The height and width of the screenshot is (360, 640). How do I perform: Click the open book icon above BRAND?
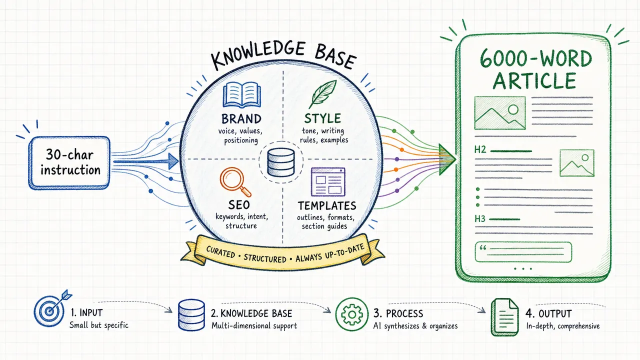click(241, 95)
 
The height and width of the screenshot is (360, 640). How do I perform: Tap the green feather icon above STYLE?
click(322, 94)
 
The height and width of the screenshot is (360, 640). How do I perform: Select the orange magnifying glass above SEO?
click(235, 182)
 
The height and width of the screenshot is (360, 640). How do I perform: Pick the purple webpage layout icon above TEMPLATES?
click(328, 182)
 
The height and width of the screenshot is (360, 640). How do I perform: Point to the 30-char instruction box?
click(69, 162)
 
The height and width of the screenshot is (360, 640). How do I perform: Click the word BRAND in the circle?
click(241, 119)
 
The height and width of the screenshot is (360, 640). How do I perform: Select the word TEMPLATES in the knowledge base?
click(327, 205)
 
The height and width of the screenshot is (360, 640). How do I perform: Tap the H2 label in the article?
click(480, 149)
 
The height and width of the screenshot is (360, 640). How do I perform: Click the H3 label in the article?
click(480, 219)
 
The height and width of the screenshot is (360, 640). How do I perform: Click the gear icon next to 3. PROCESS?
click(351, 314)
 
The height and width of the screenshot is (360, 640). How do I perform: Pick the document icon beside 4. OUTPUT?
click(504, 317)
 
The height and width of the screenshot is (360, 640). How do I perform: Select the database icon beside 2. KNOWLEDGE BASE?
click(191, 315)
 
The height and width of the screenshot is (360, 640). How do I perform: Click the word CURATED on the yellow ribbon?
click(220, 252)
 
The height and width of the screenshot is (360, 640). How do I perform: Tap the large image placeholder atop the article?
click(499, 113)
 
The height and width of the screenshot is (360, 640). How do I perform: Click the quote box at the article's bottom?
click(523, 252)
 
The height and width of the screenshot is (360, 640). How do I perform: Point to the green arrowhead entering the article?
click(446, 159)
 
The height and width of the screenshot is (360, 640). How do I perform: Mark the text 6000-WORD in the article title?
click(535, 58)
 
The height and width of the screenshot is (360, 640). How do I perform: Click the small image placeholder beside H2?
click(577, 163)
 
